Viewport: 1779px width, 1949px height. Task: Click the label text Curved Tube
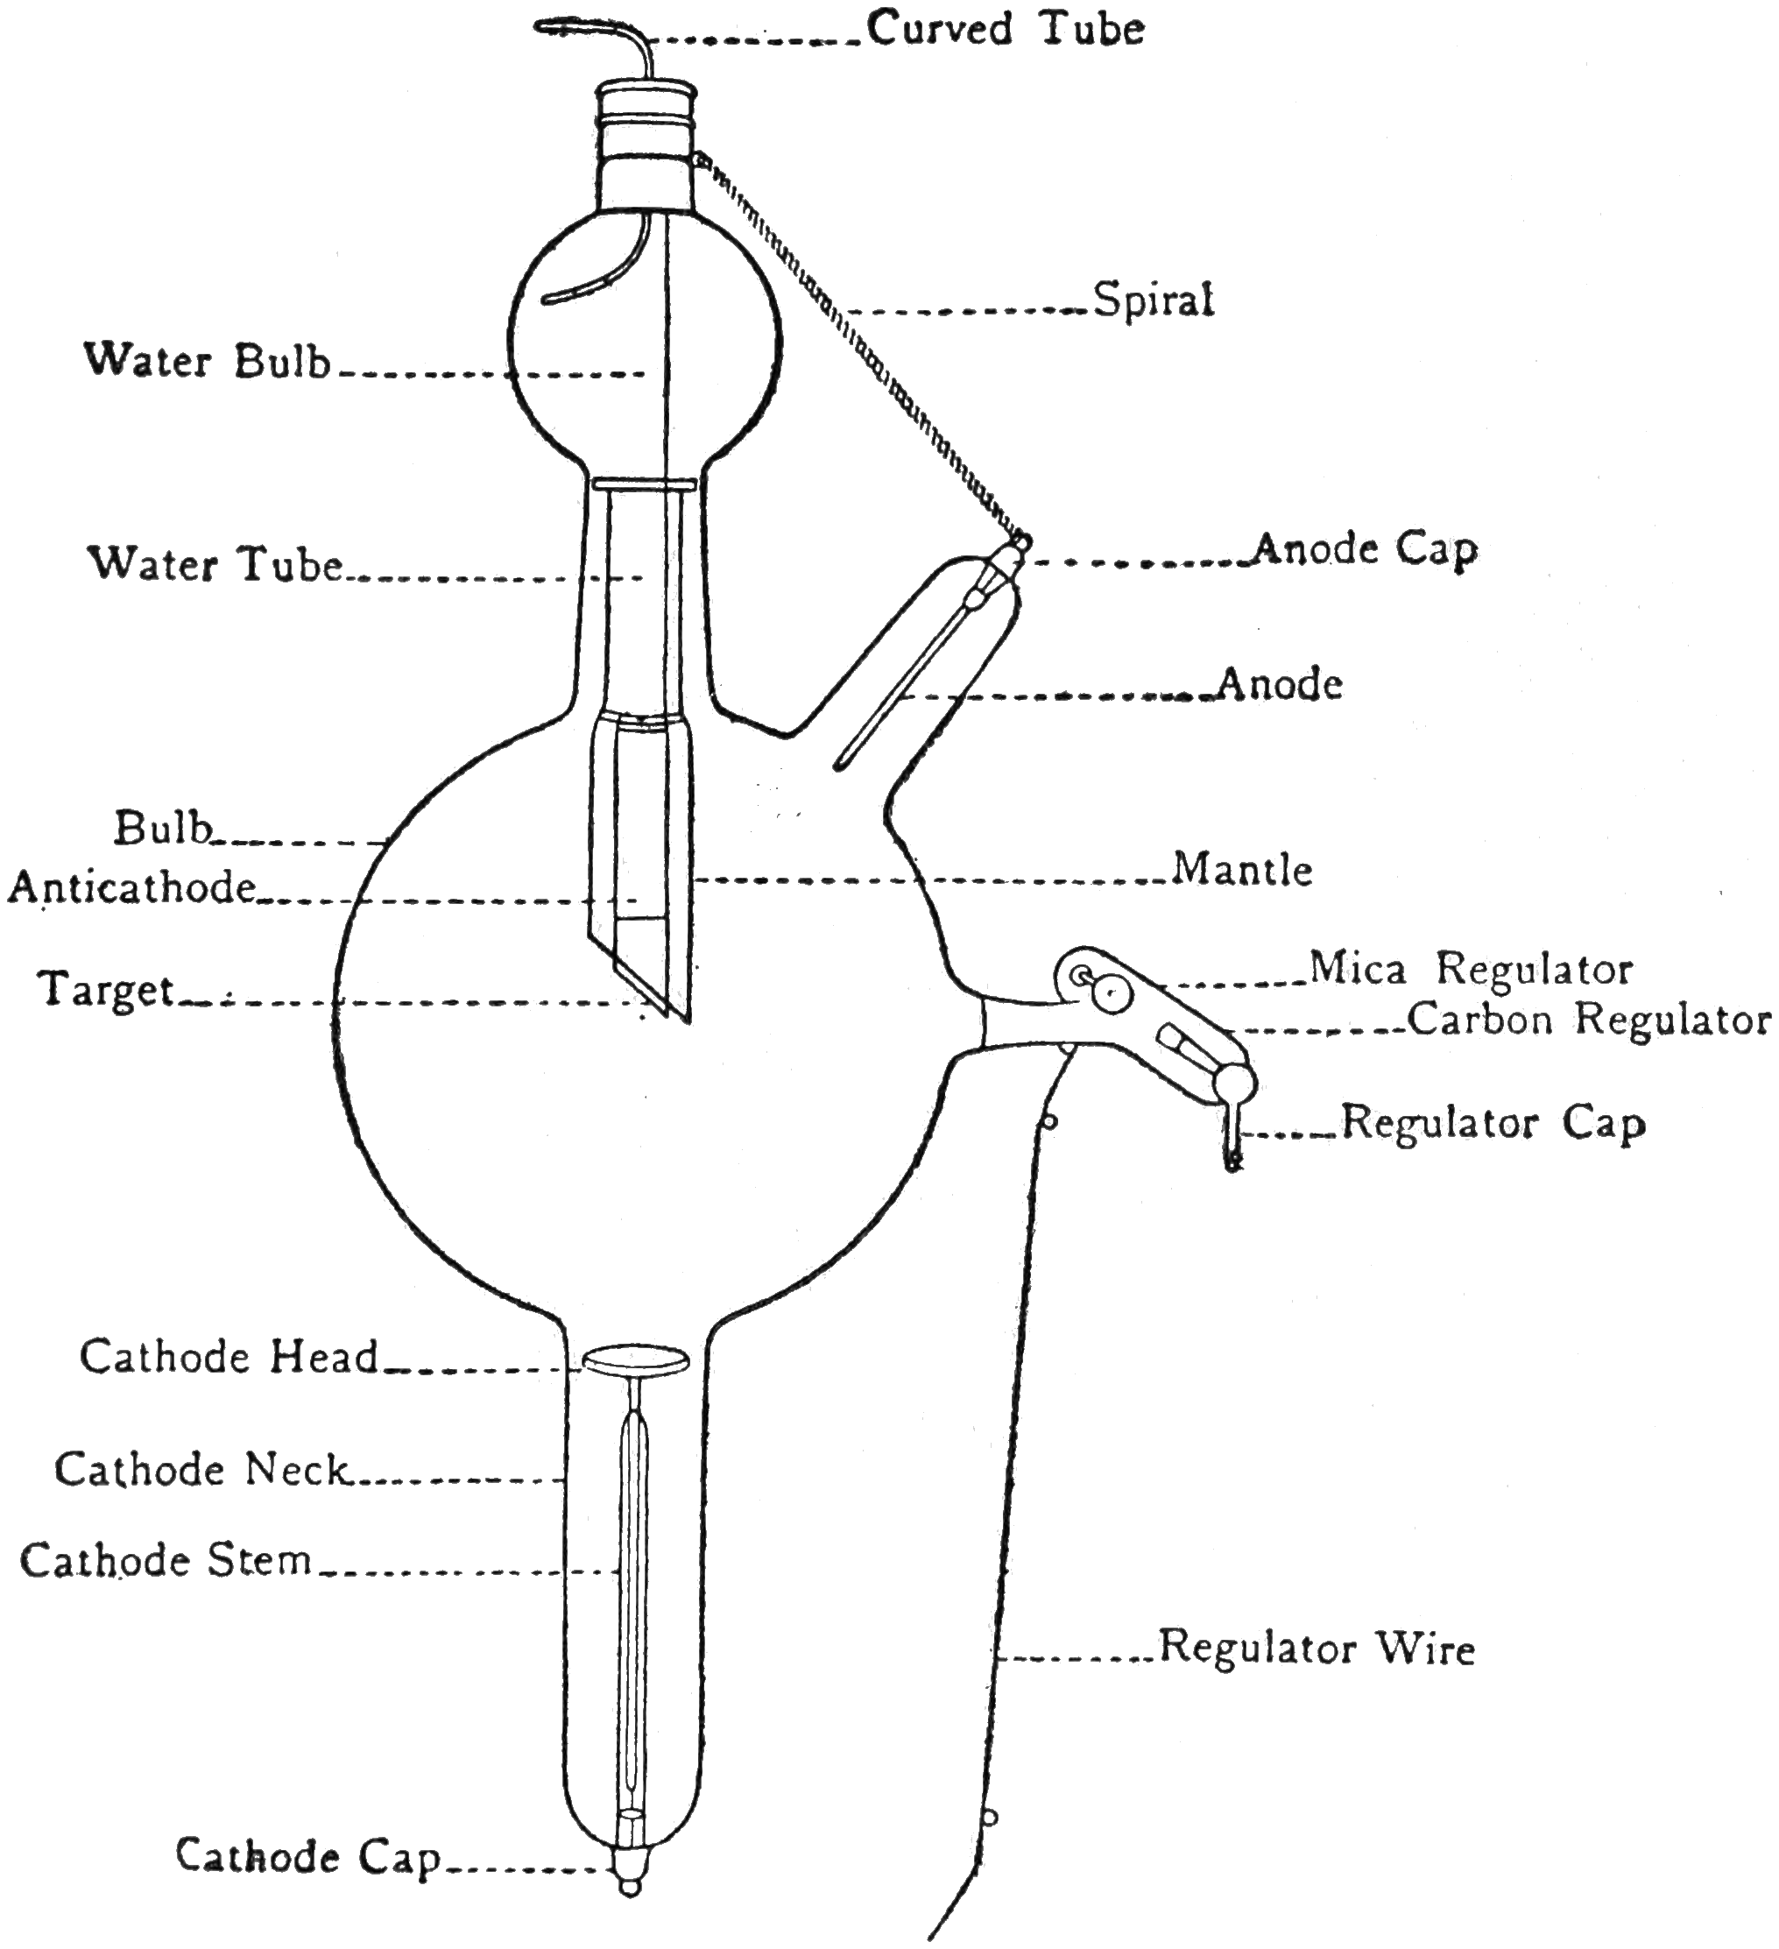(1006, 29)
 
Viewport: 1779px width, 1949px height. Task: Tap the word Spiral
(1153, 300)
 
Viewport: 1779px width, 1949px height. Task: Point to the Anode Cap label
(1366, 551)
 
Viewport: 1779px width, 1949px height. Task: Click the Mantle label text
(1242, 870)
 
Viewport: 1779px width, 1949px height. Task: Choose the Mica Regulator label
(1471, 969)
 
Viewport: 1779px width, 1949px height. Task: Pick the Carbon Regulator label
(1589, 1019)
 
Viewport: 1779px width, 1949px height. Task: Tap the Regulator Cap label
(1493, 1123)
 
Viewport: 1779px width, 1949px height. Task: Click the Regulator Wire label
(1317, 1648)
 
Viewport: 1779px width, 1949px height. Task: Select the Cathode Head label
(229, 1358)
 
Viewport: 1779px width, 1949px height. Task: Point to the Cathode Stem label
(166, 1560)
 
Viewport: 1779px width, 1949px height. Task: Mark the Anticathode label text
(132, 887)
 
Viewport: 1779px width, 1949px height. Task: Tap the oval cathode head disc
(635, 1361)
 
